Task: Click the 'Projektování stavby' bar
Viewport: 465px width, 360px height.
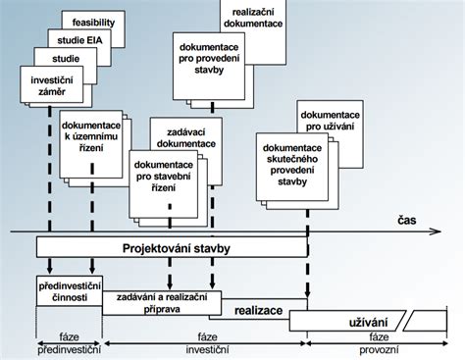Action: point(172,248)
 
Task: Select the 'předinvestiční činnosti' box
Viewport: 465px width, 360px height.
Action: point(64,291)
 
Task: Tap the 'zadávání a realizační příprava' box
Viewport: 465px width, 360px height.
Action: point(162,302)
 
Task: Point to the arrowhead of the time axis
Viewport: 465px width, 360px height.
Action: point(456,231)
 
